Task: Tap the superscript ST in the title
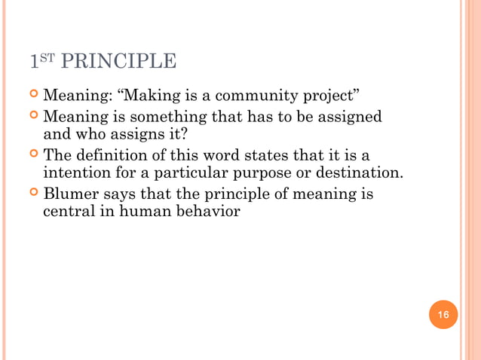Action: tap(45, 57)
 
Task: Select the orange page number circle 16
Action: tap(443, 314)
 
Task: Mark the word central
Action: tap(67, 213)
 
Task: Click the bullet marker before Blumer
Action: tap(34, 194)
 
